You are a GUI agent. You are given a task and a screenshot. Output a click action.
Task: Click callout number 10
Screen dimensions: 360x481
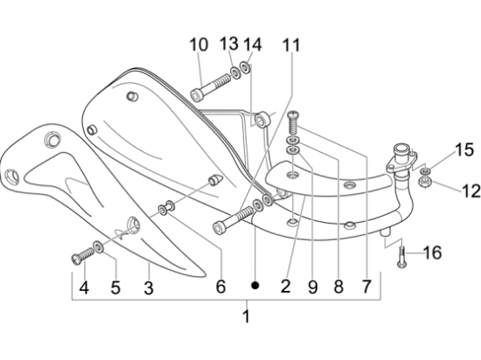[199, 44]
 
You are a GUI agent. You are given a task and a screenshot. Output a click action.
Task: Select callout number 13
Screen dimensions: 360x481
[228, 44]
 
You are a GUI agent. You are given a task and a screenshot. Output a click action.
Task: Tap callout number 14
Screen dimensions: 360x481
[252, 44]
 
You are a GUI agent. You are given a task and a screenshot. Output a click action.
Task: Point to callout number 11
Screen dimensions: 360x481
[289, 44]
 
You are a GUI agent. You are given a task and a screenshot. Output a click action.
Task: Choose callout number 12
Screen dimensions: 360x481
[447, 189]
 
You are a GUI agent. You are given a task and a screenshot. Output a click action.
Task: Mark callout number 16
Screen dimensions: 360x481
[433, 253]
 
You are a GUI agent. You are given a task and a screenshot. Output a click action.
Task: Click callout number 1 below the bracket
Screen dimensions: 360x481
[246, 315]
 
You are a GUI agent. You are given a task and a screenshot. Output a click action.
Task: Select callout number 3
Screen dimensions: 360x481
[149, 287]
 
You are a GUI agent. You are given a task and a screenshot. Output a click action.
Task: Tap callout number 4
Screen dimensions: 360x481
[83, 287]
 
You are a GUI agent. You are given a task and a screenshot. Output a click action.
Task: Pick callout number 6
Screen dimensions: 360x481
[220, 286]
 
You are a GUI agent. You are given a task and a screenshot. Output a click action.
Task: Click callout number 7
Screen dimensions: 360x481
[366, 286]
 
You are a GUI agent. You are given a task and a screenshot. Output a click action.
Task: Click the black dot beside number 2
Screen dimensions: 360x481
[255, 285]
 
